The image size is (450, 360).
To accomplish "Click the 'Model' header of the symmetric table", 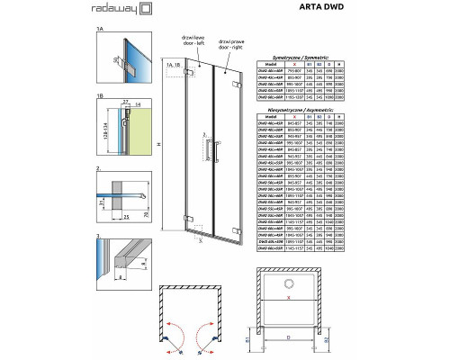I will pyautogui.click(x=271, y=66).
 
